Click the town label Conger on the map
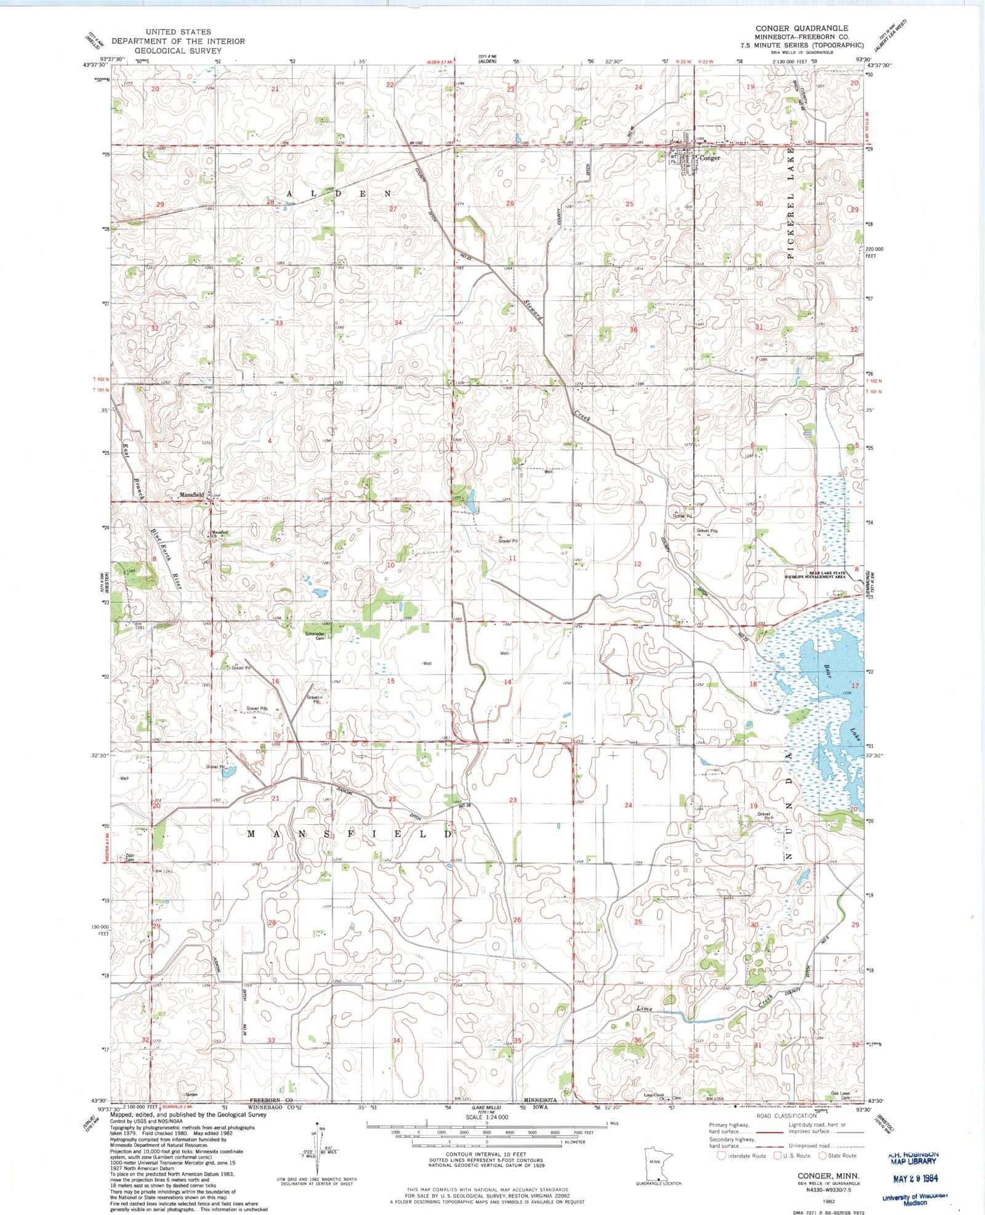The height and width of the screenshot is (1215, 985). coord(709,158)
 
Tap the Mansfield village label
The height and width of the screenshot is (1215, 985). coord(191,495)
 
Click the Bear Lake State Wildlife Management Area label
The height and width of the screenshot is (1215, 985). coord(814,575)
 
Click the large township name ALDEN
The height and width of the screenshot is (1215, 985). coord(338,193)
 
